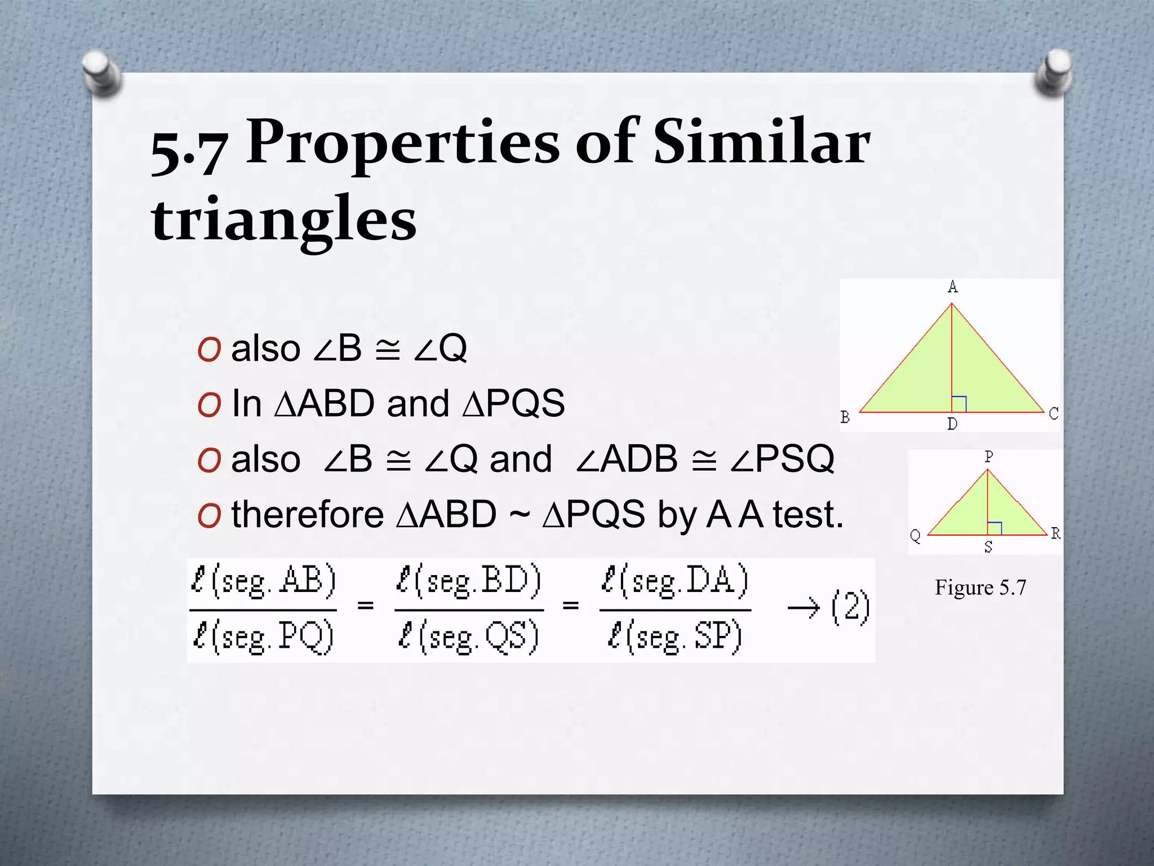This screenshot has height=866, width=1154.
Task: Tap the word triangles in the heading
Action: point(283,219)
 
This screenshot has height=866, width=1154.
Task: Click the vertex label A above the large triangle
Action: point(952,287)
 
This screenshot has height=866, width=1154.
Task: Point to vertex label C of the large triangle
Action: point(1053,414)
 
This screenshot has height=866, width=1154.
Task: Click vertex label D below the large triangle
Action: point(952,424)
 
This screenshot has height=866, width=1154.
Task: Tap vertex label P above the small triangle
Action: point(988,457)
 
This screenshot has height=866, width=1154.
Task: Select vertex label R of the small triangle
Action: point(1055,533)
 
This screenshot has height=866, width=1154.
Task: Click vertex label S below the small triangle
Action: point(988,547)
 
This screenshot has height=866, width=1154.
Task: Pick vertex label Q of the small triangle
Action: point(915,536)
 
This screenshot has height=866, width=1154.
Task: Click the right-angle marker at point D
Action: point(959,404)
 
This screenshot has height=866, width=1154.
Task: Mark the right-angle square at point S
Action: point(995,528)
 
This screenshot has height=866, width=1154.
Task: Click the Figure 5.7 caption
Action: point(980,587)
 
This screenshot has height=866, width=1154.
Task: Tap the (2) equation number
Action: point(850,607)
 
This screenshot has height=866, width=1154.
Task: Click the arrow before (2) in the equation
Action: point(803,608)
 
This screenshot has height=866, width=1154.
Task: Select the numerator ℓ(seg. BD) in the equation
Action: point(468,581)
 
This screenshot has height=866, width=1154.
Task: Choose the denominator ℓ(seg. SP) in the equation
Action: point(674,638)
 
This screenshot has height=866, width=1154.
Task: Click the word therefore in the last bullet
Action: point(307,514)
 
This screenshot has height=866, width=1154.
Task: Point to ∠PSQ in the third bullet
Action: point(783,459)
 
